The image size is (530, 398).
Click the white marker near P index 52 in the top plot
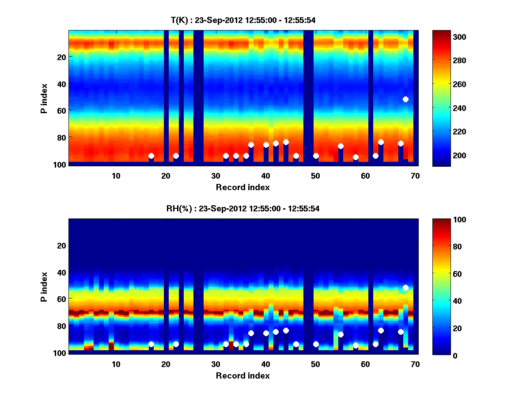point(405,99)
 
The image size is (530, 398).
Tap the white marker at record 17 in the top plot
point(151,156)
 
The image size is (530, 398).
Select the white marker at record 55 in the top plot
point(341,146)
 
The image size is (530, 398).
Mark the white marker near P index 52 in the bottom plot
point(405,288)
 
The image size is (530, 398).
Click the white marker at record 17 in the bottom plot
point(151,344)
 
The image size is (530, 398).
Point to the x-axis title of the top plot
point(242,188)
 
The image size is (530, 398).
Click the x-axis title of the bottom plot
point(242,376)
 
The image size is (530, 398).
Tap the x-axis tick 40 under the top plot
point(265,176)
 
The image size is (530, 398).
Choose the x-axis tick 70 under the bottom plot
point(415,364)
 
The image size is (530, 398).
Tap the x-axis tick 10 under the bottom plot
point(116,364)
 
